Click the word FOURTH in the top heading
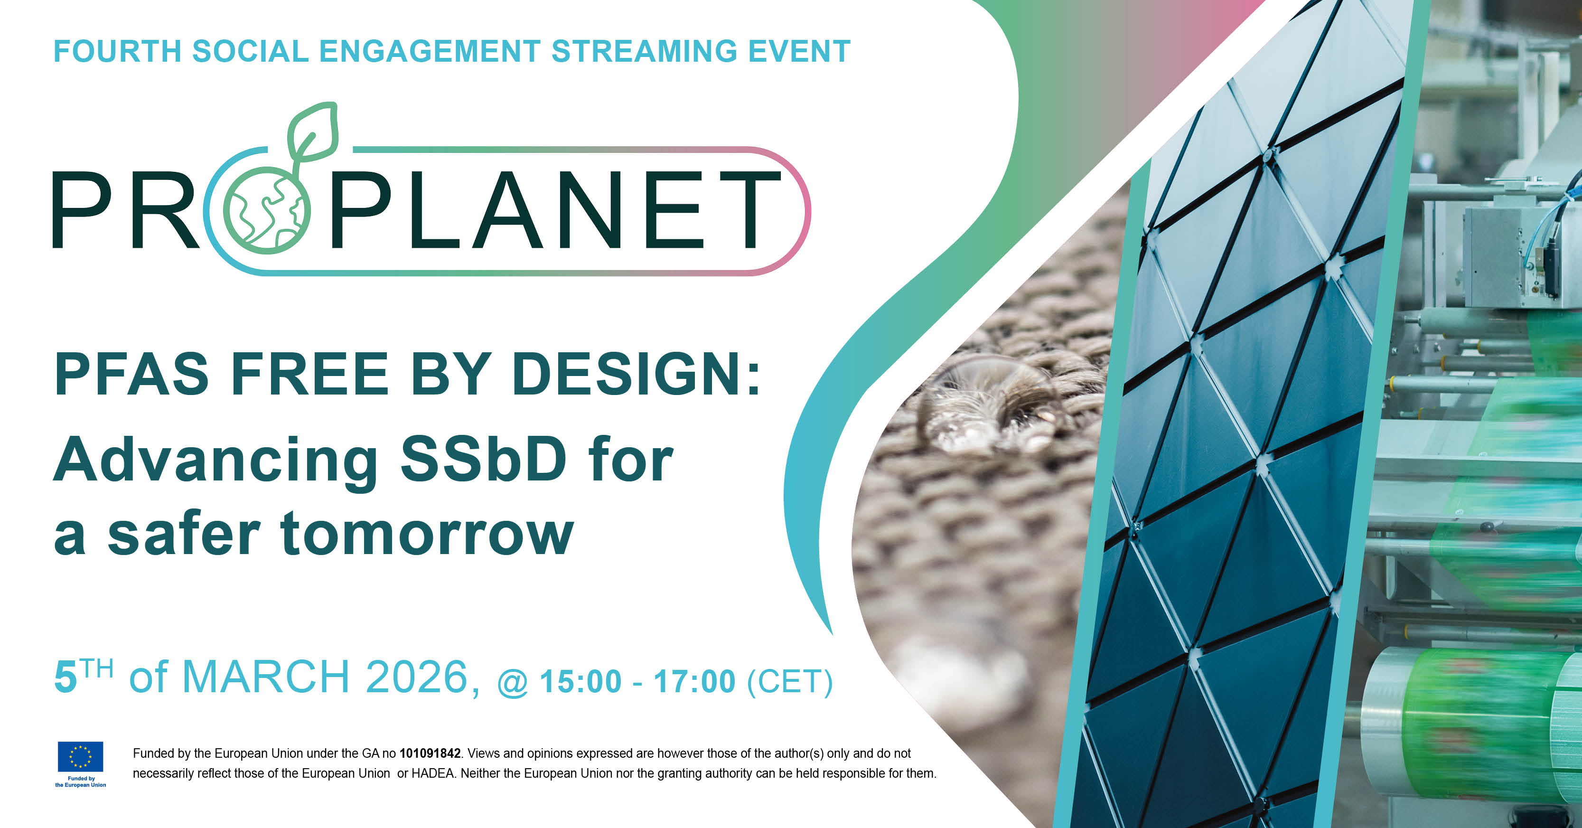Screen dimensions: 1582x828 117,51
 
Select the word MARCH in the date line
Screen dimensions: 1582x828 266,677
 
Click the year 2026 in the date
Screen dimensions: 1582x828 418,677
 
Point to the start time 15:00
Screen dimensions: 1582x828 580,682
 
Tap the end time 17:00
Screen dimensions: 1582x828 694,682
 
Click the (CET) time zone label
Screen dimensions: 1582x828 790,682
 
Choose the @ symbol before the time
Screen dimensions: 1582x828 512,684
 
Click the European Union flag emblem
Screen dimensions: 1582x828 80,757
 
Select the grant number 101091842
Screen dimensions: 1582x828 430,753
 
